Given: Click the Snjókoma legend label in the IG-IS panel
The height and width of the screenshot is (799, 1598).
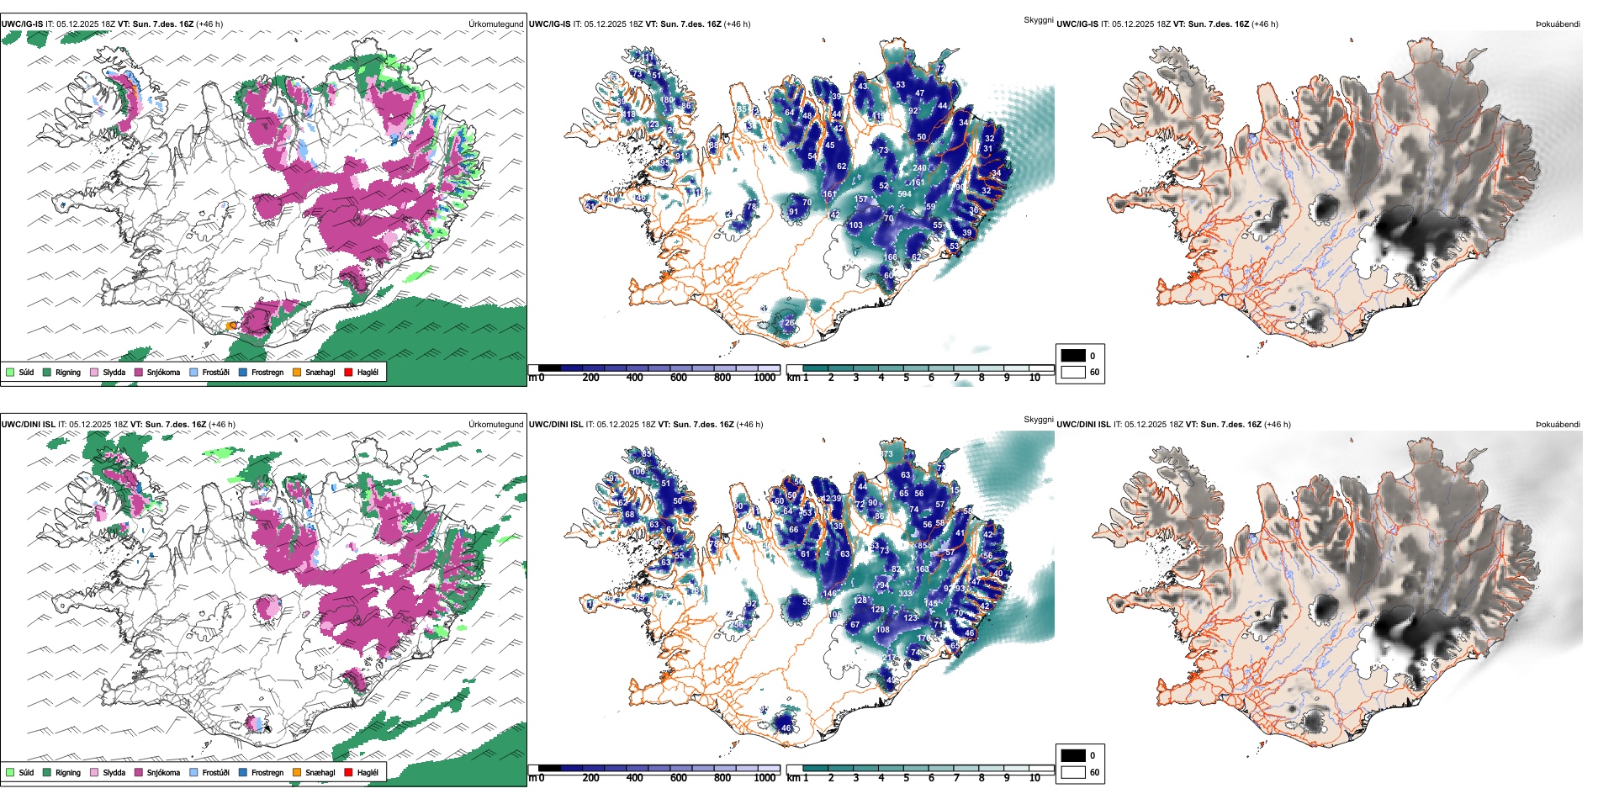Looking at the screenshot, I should coord(163,372).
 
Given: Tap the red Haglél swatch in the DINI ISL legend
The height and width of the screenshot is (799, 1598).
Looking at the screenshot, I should coord(348,772).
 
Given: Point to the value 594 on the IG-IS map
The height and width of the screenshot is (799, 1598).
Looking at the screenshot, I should coord(904,194).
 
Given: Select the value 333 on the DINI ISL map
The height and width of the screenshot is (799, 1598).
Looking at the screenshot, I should coord(905,594).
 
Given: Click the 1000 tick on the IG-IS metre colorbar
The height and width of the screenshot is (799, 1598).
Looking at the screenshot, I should coord(765,378).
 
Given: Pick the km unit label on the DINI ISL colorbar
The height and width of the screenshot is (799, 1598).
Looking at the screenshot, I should coord(792,778).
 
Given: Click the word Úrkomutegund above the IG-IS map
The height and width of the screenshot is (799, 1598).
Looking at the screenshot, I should coord(495,24).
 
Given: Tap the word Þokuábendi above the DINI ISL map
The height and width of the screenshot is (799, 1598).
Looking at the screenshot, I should coord(1558,425).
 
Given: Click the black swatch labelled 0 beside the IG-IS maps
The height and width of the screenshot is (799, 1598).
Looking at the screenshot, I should coord(1073,356).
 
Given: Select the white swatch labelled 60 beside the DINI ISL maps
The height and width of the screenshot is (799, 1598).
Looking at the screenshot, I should coord(1073,772).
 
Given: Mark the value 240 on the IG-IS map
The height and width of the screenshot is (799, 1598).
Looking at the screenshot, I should coord(919,168).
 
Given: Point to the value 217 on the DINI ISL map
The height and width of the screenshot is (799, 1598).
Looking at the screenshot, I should coord(890,659).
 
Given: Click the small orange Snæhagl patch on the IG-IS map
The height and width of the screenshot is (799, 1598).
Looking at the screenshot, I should coord(231,325).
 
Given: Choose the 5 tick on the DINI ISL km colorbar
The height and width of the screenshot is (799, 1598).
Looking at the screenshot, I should coord(906,778).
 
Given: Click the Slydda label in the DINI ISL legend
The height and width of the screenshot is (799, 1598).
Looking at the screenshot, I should coord(114,772).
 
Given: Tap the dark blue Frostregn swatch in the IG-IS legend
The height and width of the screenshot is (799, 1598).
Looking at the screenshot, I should coord(243,372).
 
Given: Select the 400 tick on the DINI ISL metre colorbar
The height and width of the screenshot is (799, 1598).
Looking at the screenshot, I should coord(634,778).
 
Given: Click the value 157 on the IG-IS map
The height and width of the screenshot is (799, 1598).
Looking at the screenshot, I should coord(860,200).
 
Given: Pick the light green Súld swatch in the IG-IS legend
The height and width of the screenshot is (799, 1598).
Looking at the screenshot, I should coord(10,372).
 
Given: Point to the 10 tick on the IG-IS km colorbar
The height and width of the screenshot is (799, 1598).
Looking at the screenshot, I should coord(1034,378).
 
